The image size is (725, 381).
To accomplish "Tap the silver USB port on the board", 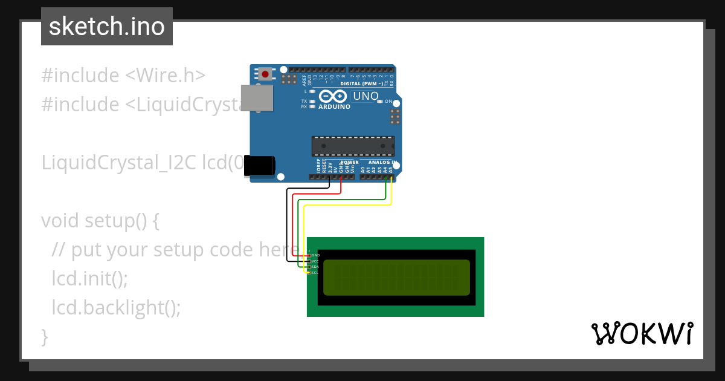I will click(256, 98).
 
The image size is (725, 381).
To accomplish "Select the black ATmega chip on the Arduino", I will click(353, 146).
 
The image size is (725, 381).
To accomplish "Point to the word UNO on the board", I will click(366, 96).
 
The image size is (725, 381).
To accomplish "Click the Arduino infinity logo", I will click(333, 97).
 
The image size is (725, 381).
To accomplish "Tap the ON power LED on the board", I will click(380, 102).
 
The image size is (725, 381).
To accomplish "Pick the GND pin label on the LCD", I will click(315, 256).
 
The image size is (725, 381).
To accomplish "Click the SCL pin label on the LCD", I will click(315, 273).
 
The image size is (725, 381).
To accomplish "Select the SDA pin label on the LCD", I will click(315, 267).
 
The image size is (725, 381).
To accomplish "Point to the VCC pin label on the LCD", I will click(315, 261).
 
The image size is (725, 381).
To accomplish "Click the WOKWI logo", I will click(642, 334).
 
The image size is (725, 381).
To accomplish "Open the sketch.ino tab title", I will click(107, 27).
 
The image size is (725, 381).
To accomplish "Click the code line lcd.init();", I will click(90, 279).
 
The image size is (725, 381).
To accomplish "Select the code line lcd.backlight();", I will click(116, 308).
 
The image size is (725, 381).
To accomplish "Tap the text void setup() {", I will click(100, 221).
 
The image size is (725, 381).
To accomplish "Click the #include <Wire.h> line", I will click(123, 76).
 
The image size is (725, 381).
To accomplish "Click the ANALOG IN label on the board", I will click(382, 162).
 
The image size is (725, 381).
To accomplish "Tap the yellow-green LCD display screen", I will click(396, 277).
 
